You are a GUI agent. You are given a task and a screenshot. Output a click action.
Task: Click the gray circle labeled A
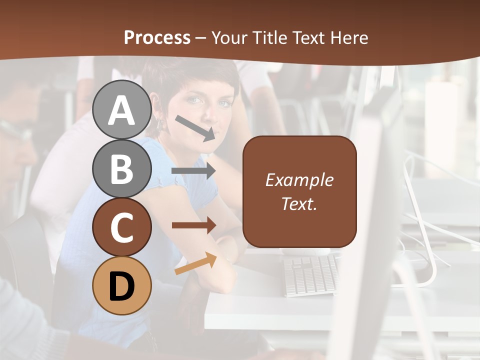pos(122,109)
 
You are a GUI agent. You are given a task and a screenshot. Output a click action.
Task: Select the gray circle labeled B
pos(122,168)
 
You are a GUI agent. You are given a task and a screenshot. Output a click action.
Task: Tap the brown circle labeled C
pos(122,227)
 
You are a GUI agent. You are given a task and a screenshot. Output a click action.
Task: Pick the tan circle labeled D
pos(122,285)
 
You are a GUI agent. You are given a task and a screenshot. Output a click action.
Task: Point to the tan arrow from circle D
pos(195,264)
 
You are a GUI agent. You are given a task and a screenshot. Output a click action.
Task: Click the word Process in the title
pos(157,38)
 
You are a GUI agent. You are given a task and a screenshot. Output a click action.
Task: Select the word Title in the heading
pos(268,38)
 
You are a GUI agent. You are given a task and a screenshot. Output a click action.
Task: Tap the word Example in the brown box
pos(299,180)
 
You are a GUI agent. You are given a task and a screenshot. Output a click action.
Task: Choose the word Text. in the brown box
pos(299,203)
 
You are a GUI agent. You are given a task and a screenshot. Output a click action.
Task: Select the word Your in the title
pos(230,38)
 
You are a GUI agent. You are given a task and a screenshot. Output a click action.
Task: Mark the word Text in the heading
pos(308,38)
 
